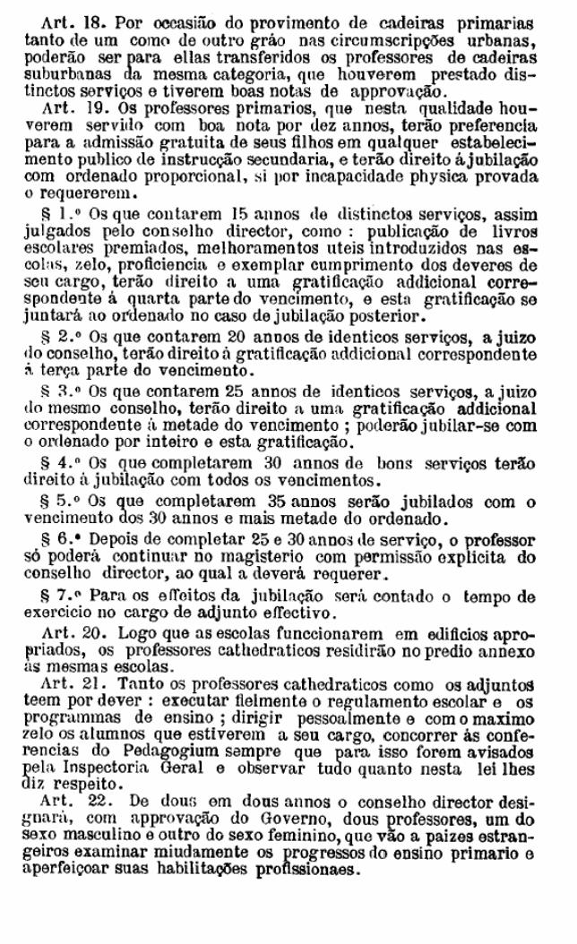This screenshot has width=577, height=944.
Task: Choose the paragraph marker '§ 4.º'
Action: (x=72, y=463)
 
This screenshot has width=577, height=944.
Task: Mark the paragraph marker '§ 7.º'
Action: (x=72, y=597)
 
